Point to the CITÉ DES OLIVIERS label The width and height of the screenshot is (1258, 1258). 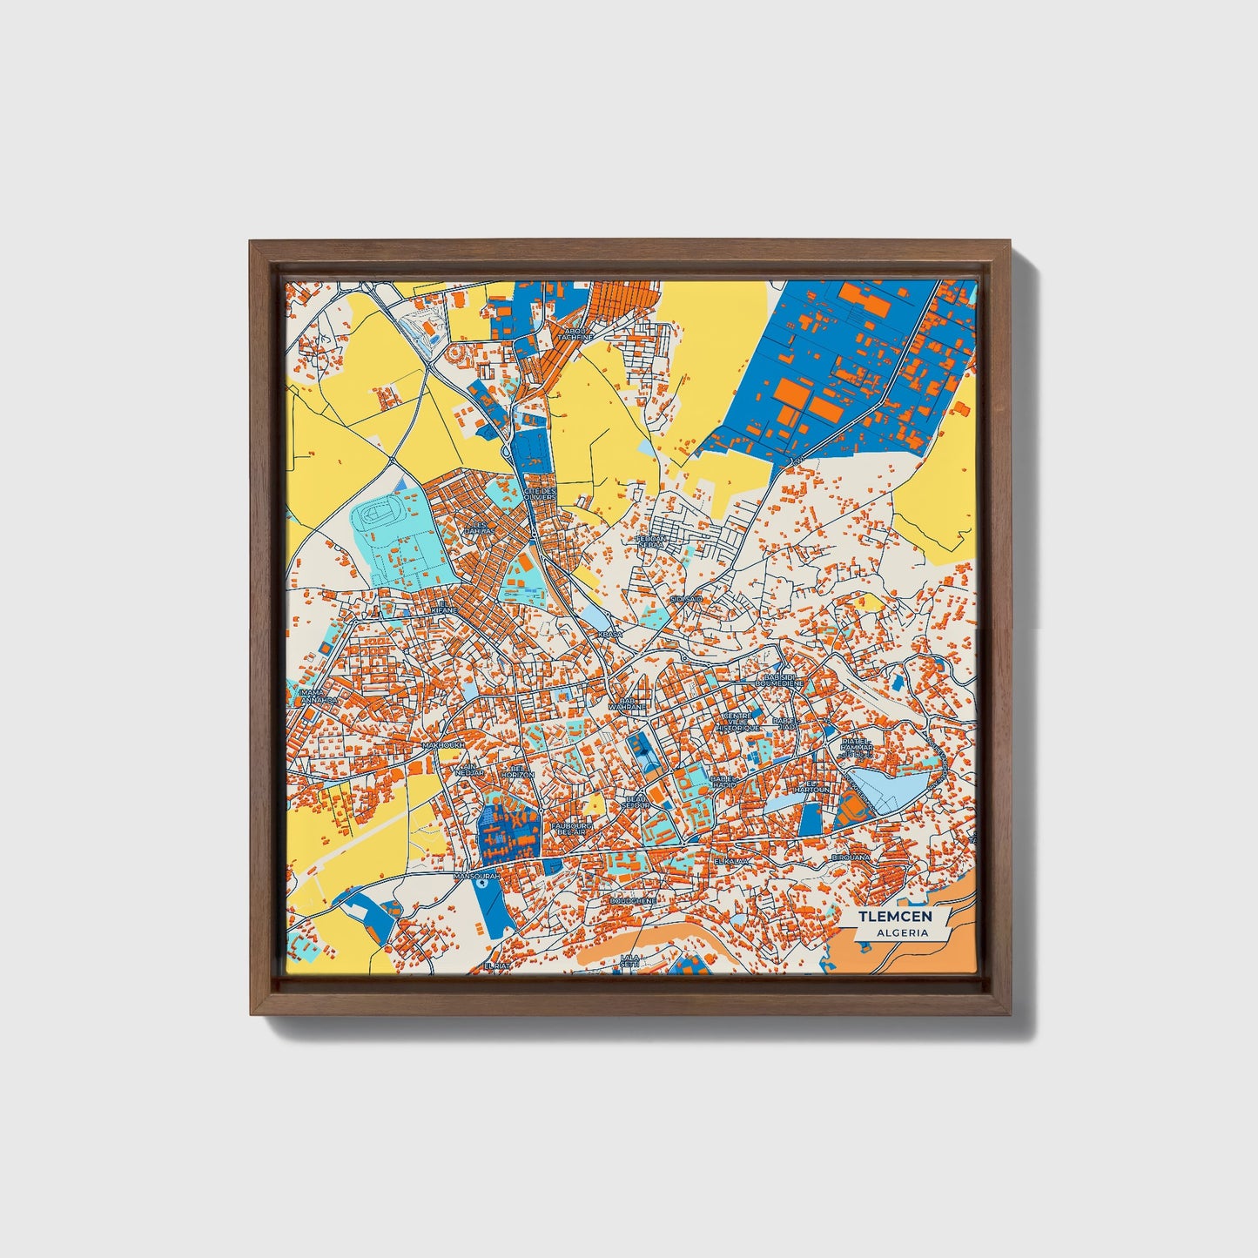(540, 494)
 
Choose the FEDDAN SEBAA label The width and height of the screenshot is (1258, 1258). (651, 542)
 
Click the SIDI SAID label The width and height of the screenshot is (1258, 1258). (686, 599)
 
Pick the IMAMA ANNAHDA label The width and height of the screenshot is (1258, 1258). (312, 696)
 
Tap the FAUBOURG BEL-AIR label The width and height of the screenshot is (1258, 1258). (572, 827)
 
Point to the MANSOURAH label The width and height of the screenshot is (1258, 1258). (477, 877)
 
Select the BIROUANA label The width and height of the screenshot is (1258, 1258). (850, 858)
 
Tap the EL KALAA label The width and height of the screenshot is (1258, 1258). (730, 860)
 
